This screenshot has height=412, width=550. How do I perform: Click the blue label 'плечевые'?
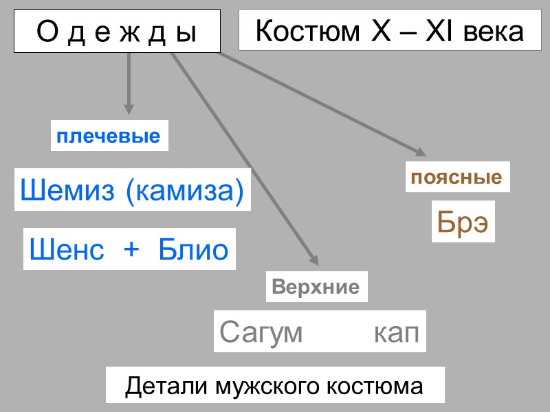[x=109, y=136]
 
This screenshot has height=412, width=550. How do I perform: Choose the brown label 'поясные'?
[x=456, y=178]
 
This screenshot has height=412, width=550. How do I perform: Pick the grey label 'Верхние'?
[x=316, y=287]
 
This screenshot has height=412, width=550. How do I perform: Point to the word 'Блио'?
[x=193, y=249]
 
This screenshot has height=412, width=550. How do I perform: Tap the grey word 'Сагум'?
[x=261, y=333]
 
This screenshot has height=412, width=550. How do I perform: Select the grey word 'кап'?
[x=397, y=333]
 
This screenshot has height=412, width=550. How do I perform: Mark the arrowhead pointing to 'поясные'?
[x=419, y=151]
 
